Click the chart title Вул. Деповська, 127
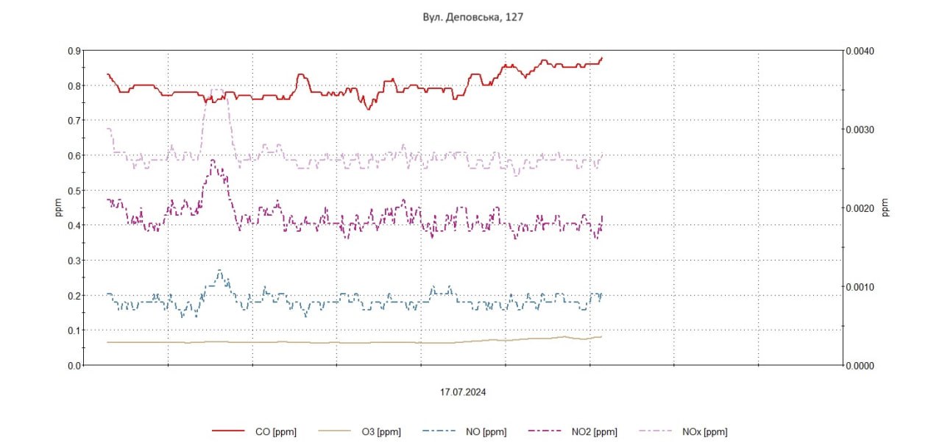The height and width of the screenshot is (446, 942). coord(473,16)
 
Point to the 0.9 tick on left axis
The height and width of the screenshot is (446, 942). coord(74,51)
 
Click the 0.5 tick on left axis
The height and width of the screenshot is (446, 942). coord(74,191)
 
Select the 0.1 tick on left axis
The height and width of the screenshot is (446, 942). coord(74,330)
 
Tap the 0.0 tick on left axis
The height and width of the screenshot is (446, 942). coord(74,365)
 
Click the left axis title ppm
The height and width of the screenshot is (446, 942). coord(59,208)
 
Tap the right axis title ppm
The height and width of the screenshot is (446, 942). coord(885,208)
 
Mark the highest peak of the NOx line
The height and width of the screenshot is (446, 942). coord(216,90)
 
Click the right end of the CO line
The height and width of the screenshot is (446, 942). coord(602,58)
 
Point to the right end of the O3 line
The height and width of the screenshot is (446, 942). coord(601,336)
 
